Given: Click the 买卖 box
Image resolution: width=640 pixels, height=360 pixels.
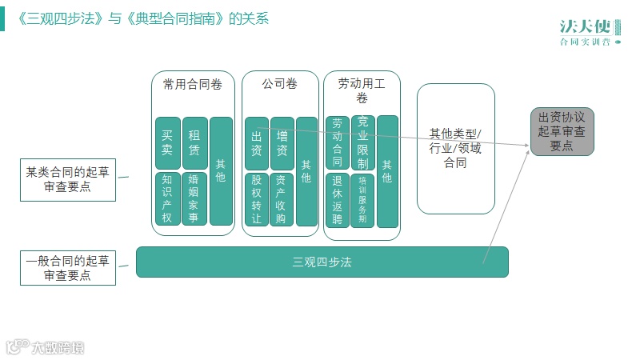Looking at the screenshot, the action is point(167,143).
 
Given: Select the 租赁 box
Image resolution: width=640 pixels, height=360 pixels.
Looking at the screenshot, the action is point(194,143).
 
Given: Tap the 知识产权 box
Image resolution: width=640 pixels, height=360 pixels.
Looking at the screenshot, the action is point(167,199).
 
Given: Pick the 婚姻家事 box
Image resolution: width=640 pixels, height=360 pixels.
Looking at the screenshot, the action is point(194,199).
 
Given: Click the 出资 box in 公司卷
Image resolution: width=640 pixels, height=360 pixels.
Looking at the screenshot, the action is point(256,143).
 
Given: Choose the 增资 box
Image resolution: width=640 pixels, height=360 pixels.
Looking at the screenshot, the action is point(282,143).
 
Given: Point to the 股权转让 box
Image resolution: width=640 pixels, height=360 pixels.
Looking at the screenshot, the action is point(256,199).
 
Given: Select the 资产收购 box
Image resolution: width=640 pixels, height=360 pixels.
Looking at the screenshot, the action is point(282,199).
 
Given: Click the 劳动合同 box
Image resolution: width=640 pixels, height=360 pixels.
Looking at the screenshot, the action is point(337,143).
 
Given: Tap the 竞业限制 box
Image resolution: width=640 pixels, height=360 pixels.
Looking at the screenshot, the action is point(362,142).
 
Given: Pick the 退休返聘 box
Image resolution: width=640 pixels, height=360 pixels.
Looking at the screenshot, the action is point(337,200).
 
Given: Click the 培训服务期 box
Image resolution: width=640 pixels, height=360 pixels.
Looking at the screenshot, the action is point(362,200).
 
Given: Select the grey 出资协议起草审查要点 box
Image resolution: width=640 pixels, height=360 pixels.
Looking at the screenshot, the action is point(562,131).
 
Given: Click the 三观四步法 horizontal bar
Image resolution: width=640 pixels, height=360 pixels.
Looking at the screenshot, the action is point(322,262).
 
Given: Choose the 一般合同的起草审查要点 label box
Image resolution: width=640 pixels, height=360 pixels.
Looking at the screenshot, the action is point(68,268).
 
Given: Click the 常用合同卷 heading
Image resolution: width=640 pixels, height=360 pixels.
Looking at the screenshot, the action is point(193,83).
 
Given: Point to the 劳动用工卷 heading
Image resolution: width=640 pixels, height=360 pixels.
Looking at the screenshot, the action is point(362,90).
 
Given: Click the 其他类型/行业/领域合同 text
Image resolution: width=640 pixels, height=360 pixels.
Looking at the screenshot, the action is point(455,148).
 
